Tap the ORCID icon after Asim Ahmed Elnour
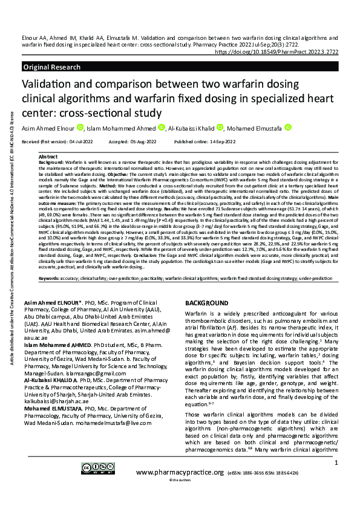pyautogui.click(x=80, y=128)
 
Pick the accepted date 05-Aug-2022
pyautogui.click(x=140, y=141)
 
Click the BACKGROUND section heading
pyautogui.click(x=206, y=302)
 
